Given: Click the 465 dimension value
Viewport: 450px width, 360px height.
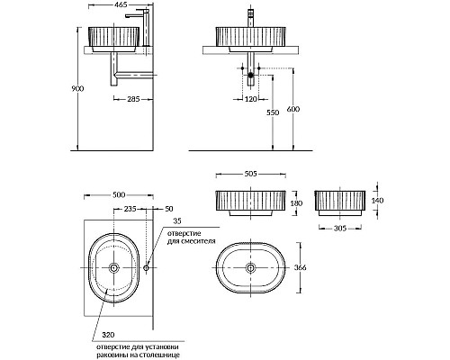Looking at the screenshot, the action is (x=121, y=4).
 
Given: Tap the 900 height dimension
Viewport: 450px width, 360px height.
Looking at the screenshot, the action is (x=77, y=89).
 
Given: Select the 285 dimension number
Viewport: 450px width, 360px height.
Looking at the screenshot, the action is (x=133, y=99).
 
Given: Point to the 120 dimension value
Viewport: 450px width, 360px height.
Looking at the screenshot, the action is (x=251, y=99).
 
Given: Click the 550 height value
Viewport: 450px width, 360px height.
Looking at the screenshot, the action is (x=273, y=112).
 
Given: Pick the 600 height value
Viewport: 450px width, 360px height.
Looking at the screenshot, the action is (x=293, y=109).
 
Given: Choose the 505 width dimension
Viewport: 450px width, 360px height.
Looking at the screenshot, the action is (x=251, y=174).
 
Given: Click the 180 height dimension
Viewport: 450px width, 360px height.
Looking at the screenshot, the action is (x=296, y=203).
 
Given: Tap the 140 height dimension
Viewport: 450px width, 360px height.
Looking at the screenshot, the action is (x=377, y=200).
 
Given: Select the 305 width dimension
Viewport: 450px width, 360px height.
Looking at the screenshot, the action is (x=340, y=229).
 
